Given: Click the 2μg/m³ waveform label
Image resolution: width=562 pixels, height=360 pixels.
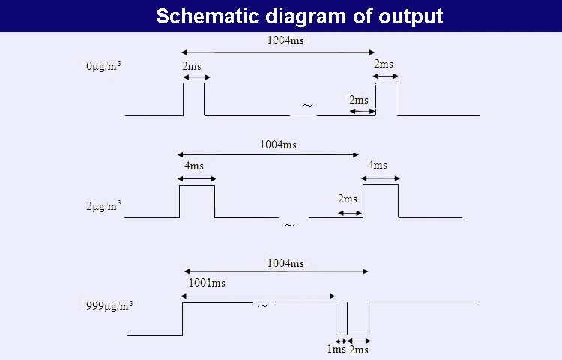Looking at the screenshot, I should [103, 205].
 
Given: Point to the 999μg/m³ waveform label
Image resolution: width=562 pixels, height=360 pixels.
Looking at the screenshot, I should [109, 306].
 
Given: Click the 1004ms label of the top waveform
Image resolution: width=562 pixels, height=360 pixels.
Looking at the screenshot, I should [285, 40].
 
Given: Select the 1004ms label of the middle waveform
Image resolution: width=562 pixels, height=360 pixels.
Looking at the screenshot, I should [278, 145].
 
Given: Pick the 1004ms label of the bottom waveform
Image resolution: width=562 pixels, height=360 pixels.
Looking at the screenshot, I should [285, 263].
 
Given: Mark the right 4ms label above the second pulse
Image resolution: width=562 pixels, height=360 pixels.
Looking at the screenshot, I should [378, 165].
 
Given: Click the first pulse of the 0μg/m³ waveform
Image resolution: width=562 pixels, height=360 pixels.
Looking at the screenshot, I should [194, 99].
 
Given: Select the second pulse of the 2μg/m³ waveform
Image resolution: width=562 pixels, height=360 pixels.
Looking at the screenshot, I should [381, 201].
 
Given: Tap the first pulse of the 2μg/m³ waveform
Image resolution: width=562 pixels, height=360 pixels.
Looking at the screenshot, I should [197, 201].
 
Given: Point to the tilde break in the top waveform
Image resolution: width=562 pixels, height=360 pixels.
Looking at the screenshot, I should [307, 106].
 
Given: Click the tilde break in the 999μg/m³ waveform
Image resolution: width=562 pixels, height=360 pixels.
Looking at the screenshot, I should [262, 306].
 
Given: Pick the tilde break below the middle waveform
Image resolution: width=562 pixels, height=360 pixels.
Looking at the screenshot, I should [289, 225].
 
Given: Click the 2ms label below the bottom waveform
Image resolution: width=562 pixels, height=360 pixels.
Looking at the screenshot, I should [359, 349].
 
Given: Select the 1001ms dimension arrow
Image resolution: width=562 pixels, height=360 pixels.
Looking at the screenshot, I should [259, 296].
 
